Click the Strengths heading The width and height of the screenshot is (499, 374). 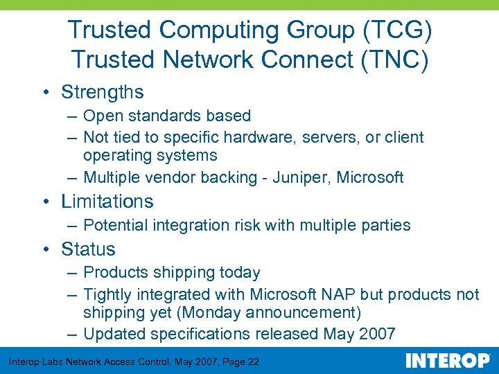103,92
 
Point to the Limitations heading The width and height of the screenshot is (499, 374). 107,202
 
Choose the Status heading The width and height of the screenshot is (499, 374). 88,249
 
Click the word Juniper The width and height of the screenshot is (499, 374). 304,178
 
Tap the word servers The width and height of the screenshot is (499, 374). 329,138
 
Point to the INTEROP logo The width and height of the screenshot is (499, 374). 448,361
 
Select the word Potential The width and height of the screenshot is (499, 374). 113,226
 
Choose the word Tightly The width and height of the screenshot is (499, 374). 108,295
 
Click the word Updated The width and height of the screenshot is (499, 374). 113,335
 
